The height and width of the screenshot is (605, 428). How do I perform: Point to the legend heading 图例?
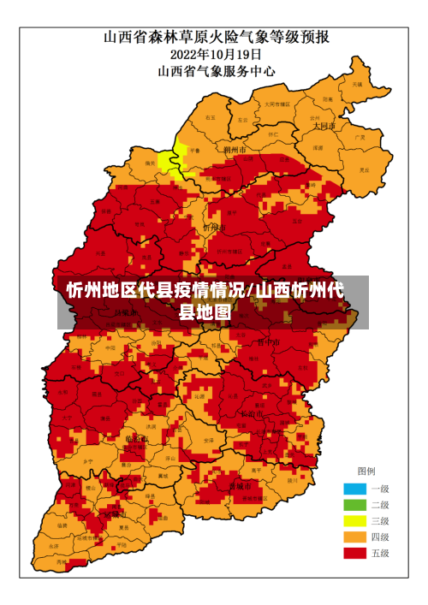click(366, 472)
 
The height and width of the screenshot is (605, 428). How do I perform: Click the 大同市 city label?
click(324, 126)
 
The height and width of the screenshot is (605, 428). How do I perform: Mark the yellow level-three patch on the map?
click(177, 157)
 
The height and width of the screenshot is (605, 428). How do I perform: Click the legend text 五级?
click(379, 554)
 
